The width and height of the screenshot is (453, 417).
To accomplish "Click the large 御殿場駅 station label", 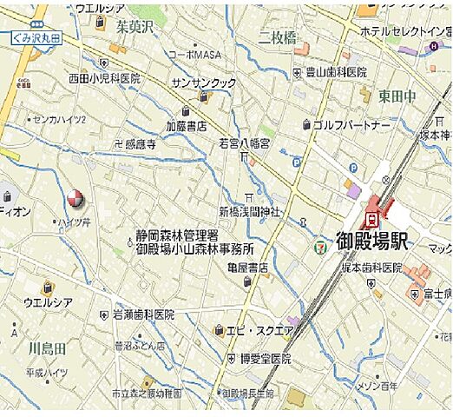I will coord(372,242).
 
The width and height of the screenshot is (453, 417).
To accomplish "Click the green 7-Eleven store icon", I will coord(320,248).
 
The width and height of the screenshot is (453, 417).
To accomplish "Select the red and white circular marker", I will coord(75,201).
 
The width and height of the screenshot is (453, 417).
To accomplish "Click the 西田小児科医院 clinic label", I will coord(104,78).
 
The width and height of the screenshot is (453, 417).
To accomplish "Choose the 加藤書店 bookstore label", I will coord(187,126).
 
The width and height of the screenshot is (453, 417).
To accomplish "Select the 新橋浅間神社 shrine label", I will coord(248,211).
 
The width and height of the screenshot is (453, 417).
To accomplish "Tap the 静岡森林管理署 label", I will coord(176,235).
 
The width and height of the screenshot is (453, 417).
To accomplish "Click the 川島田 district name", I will coord(46,348).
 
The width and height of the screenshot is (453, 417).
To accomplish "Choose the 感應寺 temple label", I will coord(140,144).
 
